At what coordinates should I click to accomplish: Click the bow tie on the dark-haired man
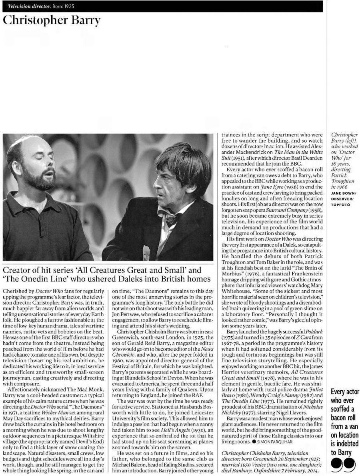click(171, 219)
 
